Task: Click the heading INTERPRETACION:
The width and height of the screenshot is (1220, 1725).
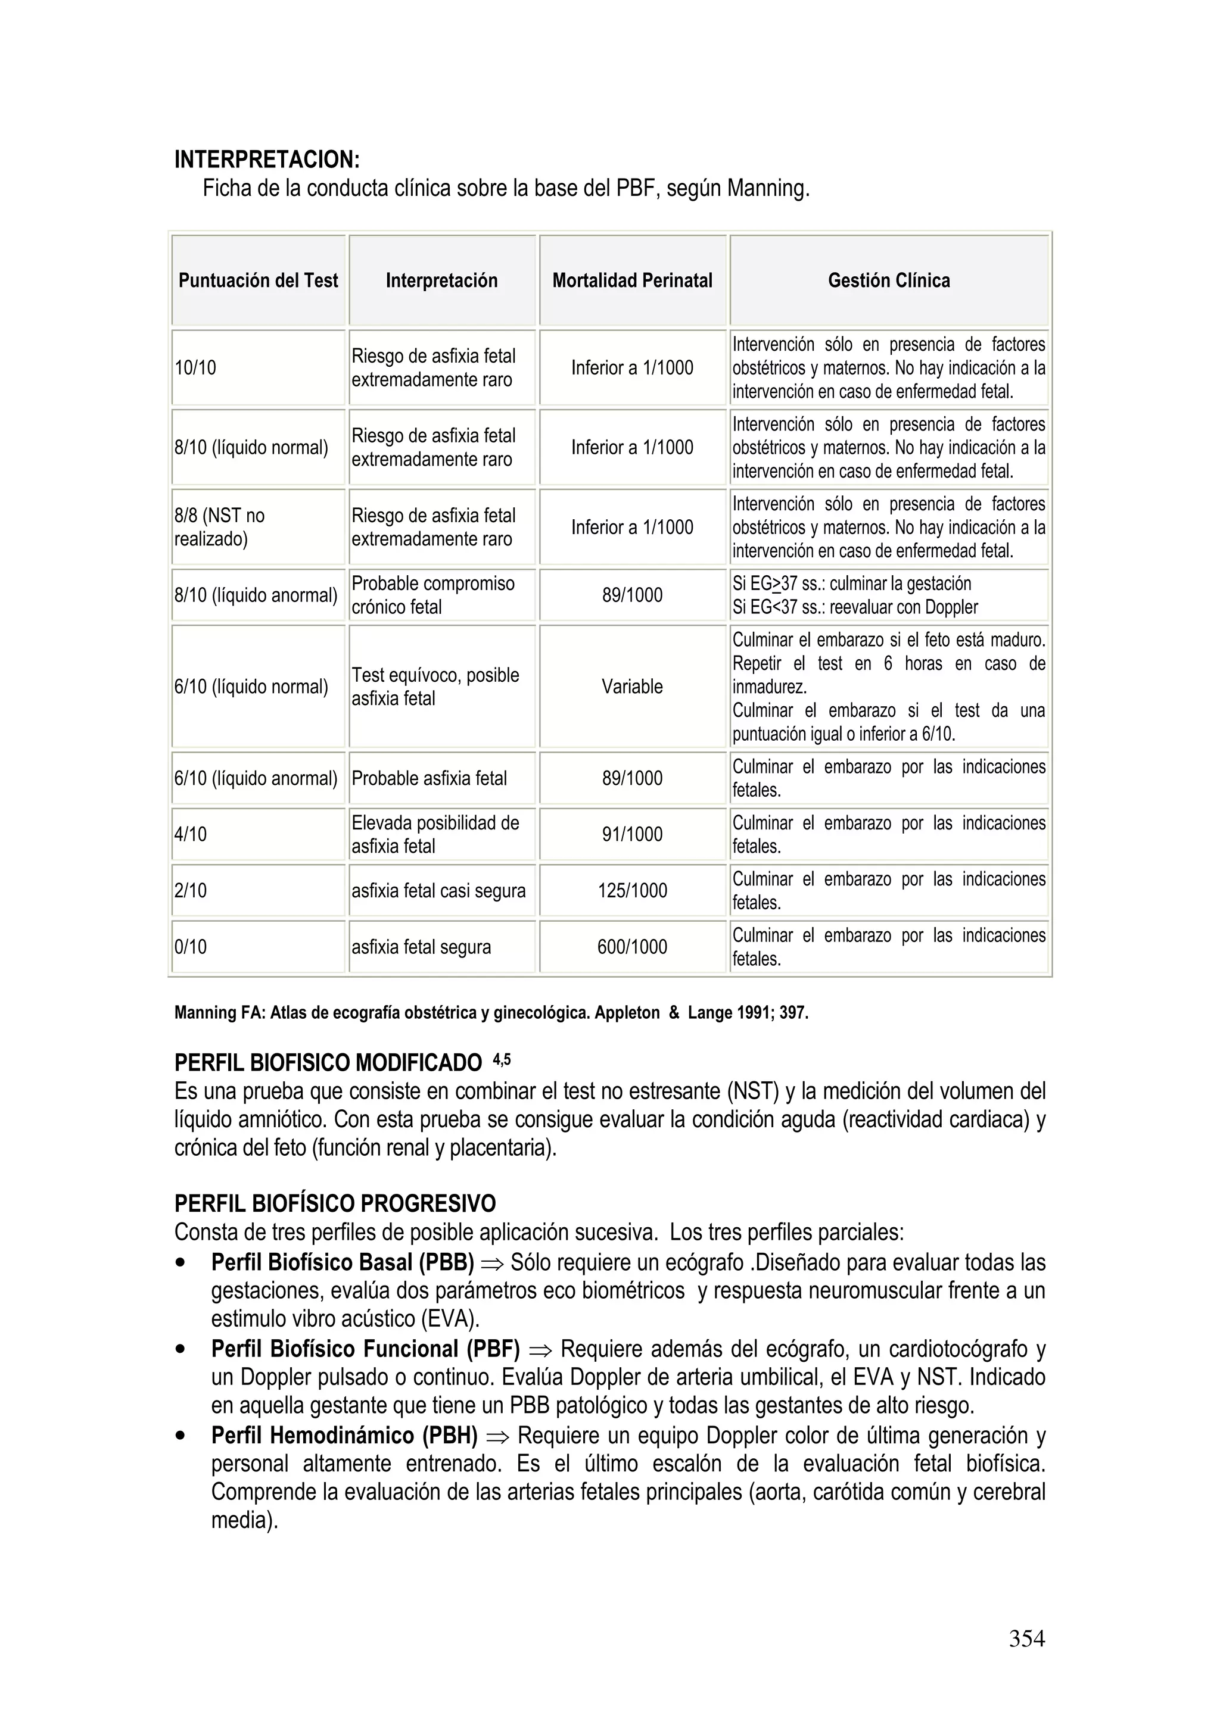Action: (x=267, y=159)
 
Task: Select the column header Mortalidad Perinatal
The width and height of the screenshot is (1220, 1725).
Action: (x=631, y=280)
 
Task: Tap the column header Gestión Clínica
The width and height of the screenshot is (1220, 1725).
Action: (x=889, y=280)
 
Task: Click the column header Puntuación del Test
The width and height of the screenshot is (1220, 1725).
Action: (x=258, y=280)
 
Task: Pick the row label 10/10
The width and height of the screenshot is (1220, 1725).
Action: (x=195, y=368)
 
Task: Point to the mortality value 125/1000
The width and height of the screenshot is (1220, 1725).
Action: (x=631, y=891)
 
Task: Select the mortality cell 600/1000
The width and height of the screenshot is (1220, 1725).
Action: (x=631, y=947)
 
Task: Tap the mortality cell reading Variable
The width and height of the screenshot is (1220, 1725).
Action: (x=631, y=687)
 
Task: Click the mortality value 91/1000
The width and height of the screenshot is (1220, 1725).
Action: (x=631, y=835)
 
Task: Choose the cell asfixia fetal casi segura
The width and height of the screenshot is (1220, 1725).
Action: (x=438, y=891)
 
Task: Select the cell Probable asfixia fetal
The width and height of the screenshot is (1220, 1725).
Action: (x=430, y=778)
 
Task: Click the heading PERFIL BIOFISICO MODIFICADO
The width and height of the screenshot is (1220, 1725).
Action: (x=328, y=1063)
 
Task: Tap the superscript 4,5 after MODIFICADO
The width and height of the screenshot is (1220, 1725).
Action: (x=502, y=1059)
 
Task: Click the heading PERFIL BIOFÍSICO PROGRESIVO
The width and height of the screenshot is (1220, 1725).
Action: (x=335, y=1203)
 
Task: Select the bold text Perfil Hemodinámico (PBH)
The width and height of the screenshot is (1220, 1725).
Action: (x=344, y=1436)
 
